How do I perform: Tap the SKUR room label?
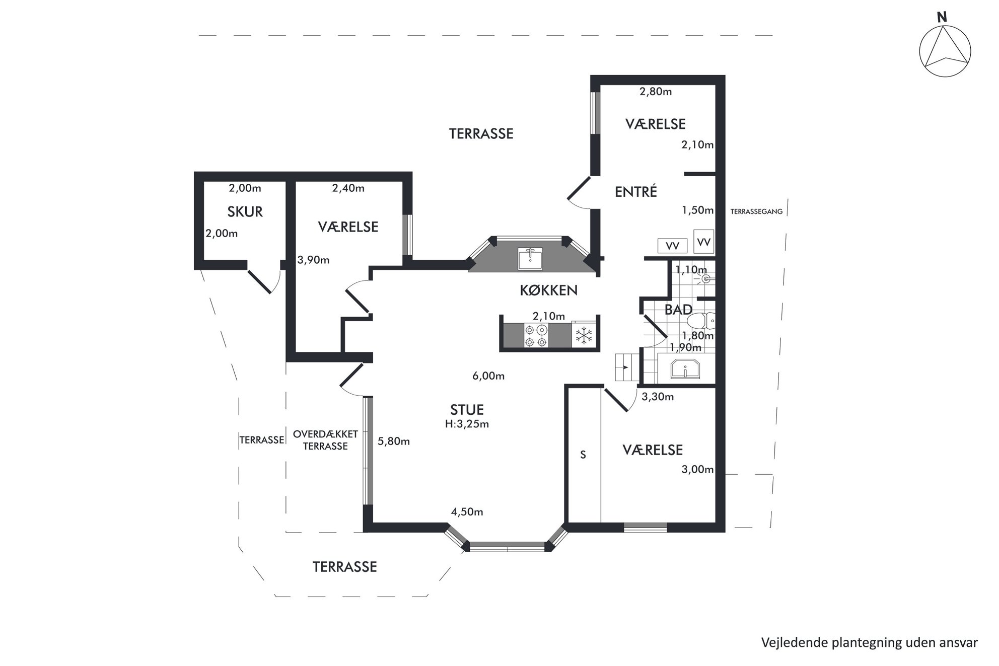[245, 212]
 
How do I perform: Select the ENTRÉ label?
[636, 192]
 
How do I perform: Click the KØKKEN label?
[548, 290]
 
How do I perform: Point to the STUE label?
[467, 409]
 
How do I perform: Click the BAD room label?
[678, 310]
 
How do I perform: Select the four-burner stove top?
[535, 336]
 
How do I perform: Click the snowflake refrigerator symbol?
[584, 335]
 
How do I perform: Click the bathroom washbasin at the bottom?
[685, 368]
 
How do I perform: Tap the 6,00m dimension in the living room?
[488, 376]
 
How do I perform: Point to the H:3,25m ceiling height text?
[467, 424]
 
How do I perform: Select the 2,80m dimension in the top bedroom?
[656, 92]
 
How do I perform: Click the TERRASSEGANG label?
[756, 212]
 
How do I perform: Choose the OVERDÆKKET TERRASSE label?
[325, 440]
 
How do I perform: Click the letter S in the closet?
[583, 455]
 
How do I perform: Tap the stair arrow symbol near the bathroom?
[625, 367]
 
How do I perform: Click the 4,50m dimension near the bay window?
[467, 512]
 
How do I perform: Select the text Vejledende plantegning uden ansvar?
[869, 643]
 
